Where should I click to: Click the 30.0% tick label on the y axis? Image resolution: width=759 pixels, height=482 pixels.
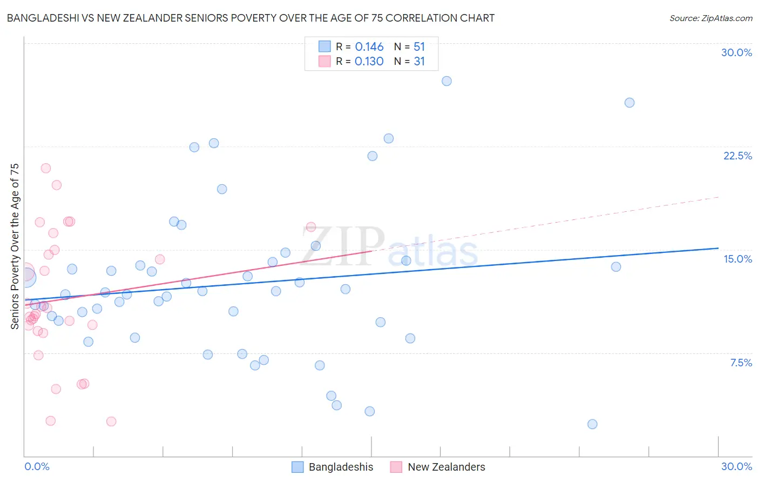coord(736,52)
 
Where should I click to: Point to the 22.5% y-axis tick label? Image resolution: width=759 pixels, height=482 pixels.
coord(737,156)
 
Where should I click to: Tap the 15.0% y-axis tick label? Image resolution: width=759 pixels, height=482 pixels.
coord(737,259)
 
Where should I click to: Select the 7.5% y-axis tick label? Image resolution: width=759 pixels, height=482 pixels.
coord(741,363)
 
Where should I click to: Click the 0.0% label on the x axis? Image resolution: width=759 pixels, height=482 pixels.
coord(37,466)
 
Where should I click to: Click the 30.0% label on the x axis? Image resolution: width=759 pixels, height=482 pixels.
coord(736,466)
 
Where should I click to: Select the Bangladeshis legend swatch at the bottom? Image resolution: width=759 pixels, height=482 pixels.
coord(297,467)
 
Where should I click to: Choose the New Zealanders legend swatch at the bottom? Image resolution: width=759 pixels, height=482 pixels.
coord(396,467)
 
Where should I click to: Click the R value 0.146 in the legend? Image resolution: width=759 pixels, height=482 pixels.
coord(369,47)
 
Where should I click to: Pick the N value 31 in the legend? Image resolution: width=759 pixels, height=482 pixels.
coord(419,62)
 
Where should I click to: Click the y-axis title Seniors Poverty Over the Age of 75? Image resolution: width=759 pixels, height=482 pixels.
coord(15,246)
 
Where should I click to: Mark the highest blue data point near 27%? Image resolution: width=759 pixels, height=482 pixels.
coord(446,81)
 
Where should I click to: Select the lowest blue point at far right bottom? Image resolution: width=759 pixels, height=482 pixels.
coord(592,424)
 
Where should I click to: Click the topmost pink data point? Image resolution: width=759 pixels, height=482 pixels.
coord(46,168)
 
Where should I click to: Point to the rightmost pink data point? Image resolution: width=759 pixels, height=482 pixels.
coord(311,227)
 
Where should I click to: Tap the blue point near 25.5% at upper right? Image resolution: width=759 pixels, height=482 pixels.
coord(629,103)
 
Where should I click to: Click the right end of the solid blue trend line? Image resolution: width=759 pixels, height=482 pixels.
coord(718,248)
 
